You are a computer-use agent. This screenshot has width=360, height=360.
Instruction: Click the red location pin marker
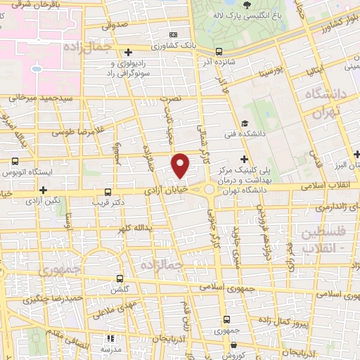pyautogui.click(x=181, y=165)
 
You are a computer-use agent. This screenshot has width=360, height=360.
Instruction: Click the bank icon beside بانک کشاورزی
pyautogui.click(x=174, y=34)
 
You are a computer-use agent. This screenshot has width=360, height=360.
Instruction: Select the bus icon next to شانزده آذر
pyautogui.click(x=219, y=51)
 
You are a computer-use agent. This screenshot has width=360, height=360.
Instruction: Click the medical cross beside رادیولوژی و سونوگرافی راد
pyautogui.click(x=128, y=51)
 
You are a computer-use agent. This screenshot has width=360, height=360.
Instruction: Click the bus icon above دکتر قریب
pyautogui.click(x=108, y=191)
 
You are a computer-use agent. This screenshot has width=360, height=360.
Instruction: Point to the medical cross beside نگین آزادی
pyautogui.click(x=44, y=190)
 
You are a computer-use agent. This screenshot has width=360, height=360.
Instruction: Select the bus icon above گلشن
pyautogui.click(x=119, y=278)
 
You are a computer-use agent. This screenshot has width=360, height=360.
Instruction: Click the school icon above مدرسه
pyautogui.click(x=109, y=338)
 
